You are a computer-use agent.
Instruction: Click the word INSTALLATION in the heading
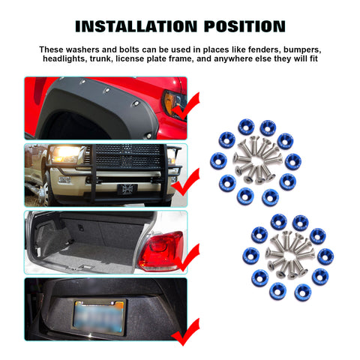point(136,26)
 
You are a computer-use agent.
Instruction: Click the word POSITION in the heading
point(244,26)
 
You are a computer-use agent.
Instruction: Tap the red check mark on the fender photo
point(185,106)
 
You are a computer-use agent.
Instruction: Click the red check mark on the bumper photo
point(185,182)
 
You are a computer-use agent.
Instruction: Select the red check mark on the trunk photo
point(185,257)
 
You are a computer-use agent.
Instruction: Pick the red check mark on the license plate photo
point(185,332)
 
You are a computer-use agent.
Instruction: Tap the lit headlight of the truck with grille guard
point(65,153)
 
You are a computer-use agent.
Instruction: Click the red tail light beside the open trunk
point(161,251)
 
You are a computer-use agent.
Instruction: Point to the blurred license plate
point(100,317)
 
